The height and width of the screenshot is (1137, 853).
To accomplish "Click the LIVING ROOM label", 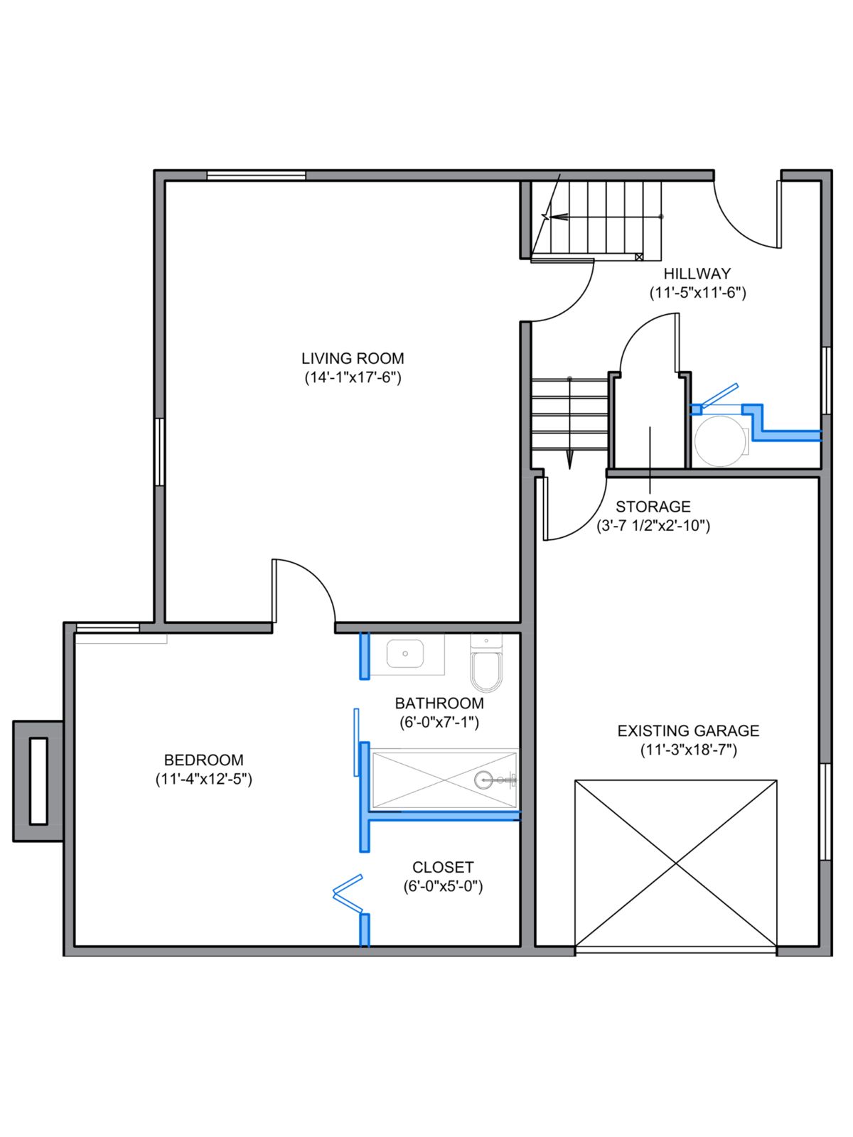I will [x=353, y=359].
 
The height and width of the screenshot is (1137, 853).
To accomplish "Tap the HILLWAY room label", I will [x=697, y=274].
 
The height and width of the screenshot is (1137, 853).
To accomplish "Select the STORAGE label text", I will [x=653, y=507].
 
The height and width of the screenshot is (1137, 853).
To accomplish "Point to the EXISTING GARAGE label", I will [x=687, y=731].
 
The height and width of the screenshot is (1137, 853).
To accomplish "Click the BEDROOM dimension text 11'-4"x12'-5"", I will [x=203, y=779].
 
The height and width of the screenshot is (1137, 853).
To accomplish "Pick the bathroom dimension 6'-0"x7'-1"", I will [x=439, y=722].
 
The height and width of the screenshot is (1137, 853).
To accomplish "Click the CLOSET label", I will [x=442, y=867].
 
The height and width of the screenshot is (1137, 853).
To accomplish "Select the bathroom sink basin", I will [x=405, y=653].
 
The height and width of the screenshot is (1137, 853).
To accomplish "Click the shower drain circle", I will [x=484, y=780].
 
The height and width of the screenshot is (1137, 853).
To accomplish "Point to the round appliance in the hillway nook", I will [x=720, y=441].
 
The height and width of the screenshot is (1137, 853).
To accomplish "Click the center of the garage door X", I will [x=675, y=863].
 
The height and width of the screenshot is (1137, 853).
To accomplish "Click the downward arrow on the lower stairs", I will [x=569, y=460].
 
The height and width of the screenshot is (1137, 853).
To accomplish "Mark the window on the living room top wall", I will [x=256, y=176].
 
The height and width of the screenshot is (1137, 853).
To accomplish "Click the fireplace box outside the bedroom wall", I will [x=38, y=781].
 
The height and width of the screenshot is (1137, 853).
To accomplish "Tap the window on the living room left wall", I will [x=160, y=452].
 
